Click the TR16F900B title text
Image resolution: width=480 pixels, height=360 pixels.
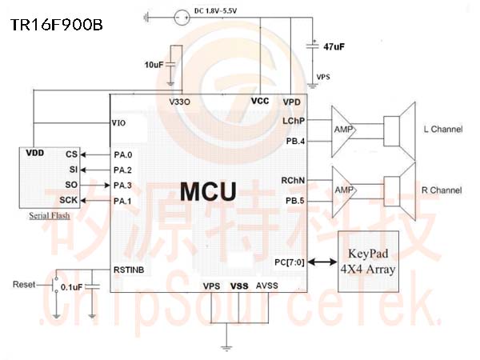pos(57,25)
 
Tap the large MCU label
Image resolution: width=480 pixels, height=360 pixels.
pos(208,192)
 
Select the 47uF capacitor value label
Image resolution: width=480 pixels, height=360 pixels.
pos(334,46)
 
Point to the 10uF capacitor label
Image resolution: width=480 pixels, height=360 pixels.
pos(154,65)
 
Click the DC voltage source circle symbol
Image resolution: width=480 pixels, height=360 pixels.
pos(182,18)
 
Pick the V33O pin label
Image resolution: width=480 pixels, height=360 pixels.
pos(180,102)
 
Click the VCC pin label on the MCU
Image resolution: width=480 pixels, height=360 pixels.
pos(260,101)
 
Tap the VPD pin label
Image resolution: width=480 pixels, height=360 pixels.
pos(292,102)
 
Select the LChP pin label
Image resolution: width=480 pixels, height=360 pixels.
pos(294,121)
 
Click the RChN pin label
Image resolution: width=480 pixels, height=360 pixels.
pos(293,181)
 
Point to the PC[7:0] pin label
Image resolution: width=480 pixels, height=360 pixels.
pos(290,262)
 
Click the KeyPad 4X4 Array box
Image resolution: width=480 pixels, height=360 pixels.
pos(368,262)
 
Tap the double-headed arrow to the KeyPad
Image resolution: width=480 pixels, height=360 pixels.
pos(322,262)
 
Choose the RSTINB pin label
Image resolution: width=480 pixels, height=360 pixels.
pos(129,270)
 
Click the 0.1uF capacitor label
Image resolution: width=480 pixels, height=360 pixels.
pos(72,287)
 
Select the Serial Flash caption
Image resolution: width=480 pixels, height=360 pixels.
pos(50,216)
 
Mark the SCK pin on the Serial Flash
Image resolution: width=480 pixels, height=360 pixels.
pos(69,200)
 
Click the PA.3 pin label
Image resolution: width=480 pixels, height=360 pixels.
pos(122,186)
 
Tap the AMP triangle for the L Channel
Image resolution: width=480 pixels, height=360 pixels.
pos(343,131)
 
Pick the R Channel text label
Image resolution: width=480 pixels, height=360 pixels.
pos(442,190)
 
